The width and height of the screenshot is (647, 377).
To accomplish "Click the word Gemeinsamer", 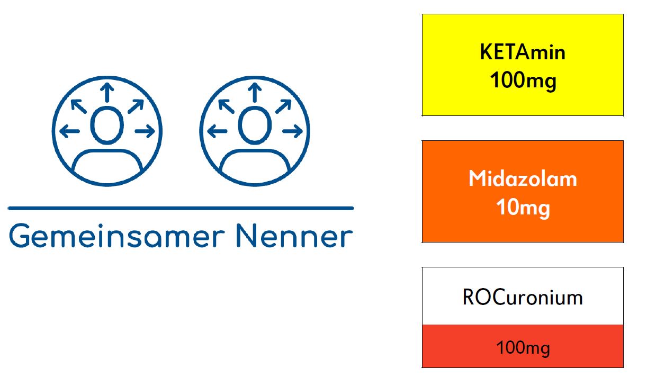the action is click(x=116, y=236).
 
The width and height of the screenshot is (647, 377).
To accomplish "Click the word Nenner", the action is click(x=294, y=236).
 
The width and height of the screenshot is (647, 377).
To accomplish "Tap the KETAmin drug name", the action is click(x=523, y=52).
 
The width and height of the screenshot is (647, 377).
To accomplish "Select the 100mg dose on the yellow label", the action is click(x=523, y=80).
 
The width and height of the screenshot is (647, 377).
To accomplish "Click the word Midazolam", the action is click(x=523, y=178).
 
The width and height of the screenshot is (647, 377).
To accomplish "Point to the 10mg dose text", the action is click(x=523, y=208).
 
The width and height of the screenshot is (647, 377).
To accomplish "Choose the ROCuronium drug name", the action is click(x=523, y=297).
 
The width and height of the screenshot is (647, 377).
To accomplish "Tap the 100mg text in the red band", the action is click(x=523, y=348).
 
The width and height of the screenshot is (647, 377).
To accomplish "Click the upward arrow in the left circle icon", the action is click(x=107, y=93).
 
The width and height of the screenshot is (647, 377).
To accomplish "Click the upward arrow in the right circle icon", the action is click(x=255, y=93).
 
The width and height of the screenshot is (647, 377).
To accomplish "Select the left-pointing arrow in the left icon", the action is click(x=69, y=131).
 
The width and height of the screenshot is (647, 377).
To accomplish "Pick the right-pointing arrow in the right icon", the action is click(x=292, y=131).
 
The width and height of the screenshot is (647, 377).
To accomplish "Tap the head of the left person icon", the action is click(x=107, y=125).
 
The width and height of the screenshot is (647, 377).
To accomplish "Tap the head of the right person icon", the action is click(x=255, y=125).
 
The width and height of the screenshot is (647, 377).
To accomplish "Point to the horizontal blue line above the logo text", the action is click(x=181, y=208).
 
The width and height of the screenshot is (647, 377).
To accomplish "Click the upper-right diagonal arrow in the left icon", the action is click(x=136, y=106).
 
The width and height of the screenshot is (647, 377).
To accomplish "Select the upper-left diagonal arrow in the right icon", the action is click(x=227, y=106).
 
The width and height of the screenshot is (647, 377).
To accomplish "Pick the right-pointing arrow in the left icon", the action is click(x=145, y=131).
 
